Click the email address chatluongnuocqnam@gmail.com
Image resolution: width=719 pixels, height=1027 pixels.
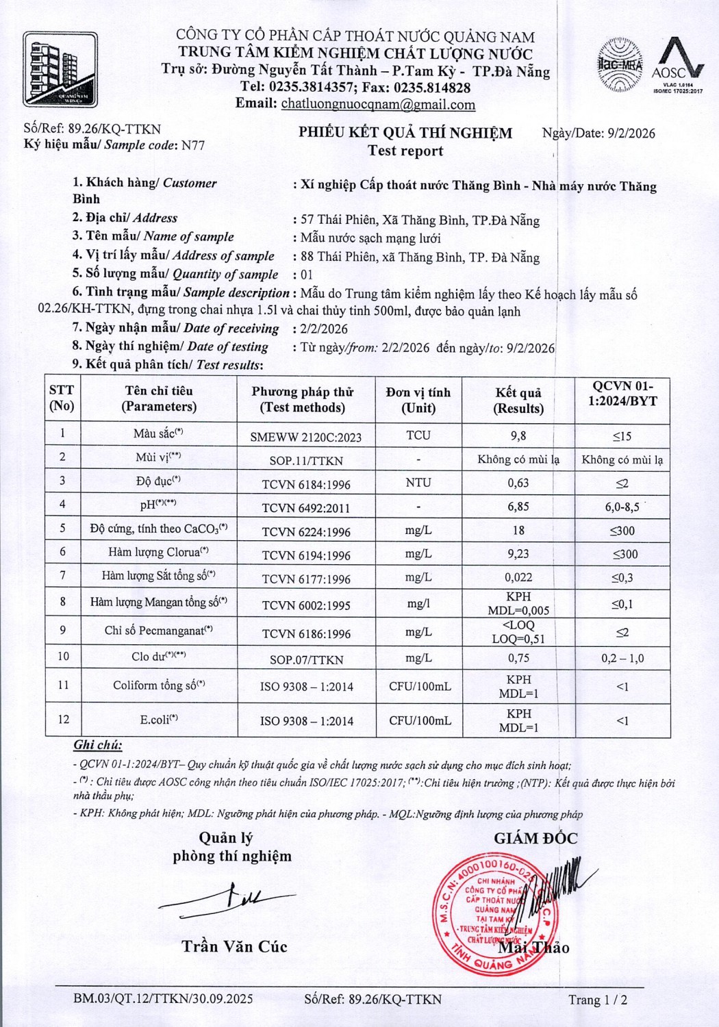378,105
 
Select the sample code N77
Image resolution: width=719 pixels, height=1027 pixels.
192,145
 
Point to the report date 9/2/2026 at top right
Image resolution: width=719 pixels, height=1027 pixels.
631,134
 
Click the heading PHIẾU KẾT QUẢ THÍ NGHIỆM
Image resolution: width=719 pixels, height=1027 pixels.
405,133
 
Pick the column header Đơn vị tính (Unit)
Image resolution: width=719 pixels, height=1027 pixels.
418,400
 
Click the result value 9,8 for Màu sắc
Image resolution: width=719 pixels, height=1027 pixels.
518,435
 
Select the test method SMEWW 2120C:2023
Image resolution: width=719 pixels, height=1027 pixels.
306,437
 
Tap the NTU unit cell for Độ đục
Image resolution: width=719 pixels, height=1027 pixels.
418,483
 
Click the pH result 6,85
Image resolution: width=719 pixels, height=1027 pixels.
518,507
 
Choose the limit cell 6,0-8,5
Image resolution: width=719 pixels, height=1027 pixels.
622,507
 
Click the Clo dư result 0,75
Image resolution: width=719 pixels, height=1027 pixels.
518,658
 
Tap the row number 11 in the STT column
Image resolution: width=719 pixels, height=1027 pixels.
63,685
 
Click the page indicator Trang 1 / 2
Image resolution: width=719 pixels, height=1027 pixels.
597,1000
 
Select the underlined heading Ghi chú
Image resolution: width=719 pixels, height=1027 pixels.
97,746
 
